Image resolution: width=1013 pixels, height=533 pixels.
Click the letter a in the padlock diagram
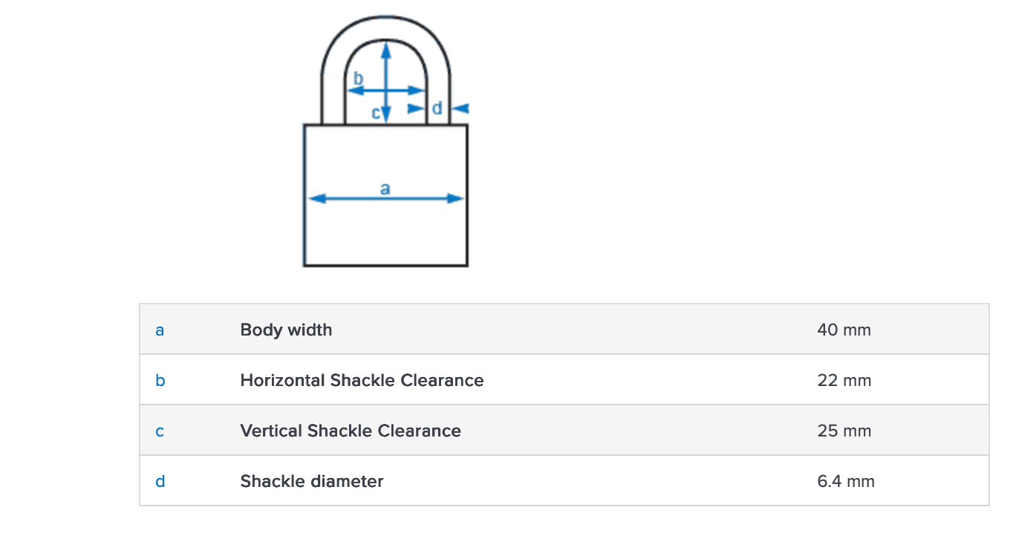[x=385, y=188]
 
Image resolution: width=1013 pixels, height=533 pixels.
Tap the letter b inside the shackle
[x=358, y=78]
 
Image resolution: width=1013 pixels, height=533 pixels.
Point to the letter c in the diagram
[x=375, y=113]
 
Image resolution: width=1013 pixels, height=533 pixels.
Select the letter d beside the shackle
[x=437, y=108]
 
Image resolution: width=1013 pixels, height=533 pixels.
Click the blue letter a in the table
[x=160, y=330]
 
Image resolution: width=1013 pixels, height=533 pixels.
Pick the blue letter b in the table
[x=160, y=380]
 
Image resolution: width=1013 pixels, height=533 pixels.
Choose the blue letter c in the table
[x=160, y=431]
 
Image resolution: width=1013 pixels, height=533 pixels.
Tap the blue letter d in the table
[x=160, y=481]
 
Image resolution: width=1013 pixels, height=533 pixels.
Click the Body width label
[x=286, y=330]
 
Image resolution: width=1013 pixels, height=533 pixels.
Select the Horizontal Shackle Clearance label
[x=362, y=380]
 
